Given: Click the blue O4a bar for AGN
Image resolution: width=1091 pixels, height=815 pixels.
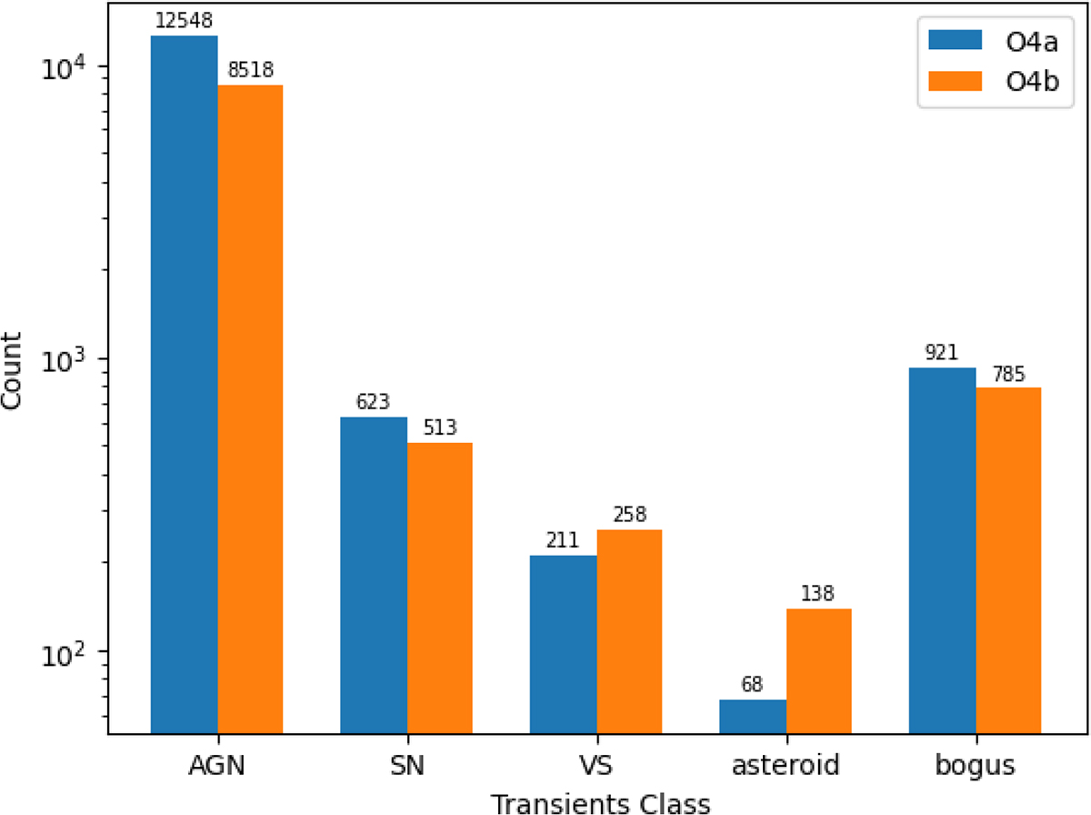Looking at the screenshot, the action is coord(184,385).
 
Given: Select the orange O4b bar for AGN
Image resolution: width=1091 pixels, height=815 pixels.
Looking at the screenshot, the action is coord(250,409).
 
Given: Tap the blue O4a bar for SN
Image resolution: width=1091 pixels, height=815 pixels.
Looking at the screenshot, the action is coord(374,576).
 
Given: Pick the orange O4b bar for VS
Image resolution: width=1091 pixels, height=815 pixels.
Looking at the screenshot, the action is coord(629,631).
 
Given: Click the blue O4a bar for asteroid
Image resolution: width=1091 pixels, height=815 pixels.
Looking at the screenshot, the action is coord(753,717).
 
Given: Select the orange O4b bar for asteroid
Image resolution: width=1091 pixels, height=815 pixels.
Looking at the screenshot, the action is coord(818,671).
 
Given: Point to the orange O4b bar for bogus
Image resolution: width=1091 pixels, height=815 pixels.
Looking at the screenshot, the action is coord(1008,560).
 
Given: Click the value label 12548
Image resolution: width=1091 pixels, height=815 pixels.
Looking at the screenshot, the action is coord(184,20).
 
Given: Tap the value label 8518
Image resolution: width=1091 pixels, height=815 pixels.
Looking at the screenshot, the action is coord(251,70).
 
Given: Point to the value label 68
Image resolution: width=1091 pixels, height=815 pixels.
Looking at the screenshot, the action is coord(752,685).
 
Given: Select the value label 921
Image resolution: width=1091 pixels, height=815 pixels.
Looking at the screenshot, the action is coord(941,353).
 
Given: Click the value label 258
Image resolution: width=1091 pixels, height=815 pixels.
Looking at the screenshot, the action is coord(630,515).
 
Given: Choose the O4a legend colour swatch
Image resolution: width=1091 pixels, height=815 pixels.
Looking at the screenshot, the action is coord(955,40).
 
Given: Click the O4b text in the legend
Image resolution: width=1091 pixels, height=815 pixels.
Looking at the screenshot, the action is coord(1032,82).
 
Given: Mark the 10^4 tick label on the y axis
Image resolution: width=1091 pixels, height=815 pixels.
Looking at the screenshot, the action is coord(64,68).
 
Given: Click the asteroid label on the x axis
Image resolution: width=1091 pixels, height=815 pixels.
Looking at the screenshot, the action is coord(786,765).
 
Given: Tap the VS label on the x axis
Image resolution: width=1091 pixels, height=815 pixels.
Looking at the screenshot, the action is coord(596,765).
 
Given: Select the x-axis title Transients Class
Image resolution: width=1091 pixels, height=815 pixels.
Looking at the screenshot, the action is coord(600,803).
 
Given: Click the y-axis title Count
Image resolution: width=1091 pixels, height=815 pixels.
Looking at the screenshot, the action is coord(11,371).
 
